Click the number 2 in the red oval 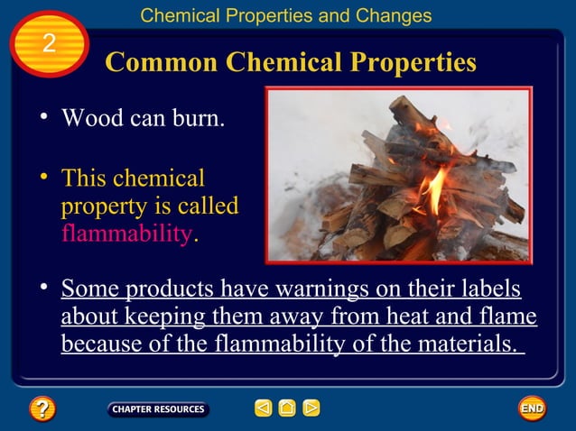pos(49,43)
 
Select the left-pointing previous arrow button pos(263,408)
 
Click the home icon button pos(286,408)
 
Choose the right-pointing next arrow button pos(311,408)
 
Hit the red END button pos(532,408)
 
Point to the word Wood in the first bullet pos(89,118)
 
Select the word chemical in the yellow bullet pos(160,178)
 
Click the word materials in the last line pos(460,344)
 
